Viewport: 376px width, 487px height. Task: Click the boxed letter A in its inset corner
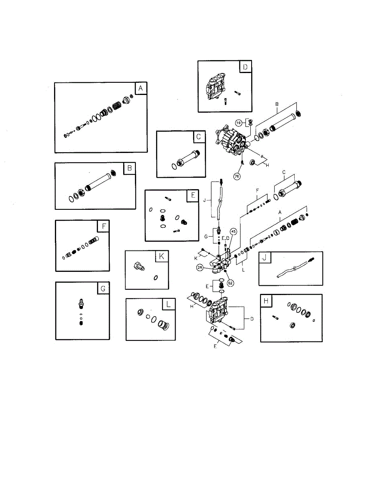click(141, 88)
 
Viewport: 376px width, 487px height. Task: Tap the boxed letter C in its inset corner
click(198, 137)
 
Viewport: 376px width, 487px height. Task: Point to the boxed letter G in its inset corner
click(103, 288)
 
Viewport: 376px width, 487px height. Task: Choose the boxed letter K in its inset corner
click(162, 256)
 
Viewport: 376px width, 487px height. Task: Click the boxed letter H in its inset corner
click(266, 301)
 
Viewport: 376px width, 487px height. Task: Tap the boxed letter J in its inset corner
click(265, 258)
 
